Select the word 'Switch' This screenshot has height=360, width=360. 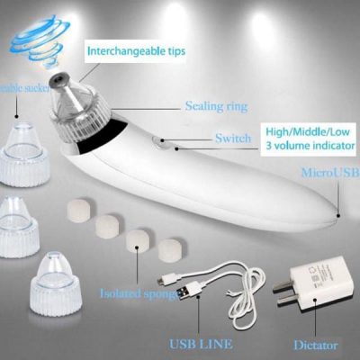pos(232,138)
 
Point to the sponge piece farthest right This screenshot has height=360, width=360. pos(168,244)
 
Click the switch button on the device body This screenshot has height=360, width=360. pos(158,141)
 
